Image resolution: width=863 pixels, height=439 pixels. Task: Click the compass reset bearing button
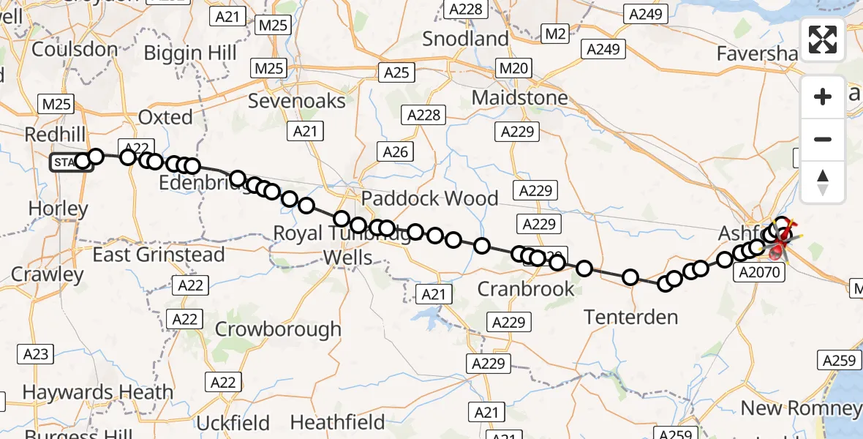pos(823,181)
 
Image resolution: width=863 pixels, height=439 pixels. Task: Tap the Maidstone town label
pos(519,97)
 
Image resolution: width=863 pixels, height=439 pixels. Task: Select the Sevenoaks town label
pos(296,100)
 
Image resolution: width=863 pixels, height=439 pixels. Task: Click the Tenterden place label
pos(630,317)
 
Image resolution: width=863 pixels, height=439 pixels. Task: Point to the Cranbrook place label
pos(526,289)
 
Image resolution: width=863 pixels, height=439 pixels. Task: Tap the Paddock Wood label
pos(429,198)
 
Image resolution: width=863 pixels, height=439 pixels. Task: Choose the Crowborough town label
pos(277,329)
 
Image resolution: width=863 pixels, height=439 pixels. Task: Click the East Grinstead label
pos(159,255)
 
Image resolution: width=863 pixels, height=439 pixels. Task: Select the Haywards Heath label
pos(98,392)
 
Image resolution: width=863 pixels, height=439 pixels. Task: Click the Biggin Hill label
pos(190,53)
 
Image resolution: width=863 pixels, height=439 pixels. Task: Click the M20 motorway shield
pos(511,68)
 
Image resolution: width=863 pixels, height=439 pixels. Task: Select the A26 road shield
pos(396,151)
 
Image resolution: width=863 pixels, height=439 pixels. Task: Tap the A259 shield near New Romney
pos(838,360)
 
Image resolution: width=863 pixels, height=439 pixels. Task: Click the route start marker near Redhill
pos(70,162)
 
